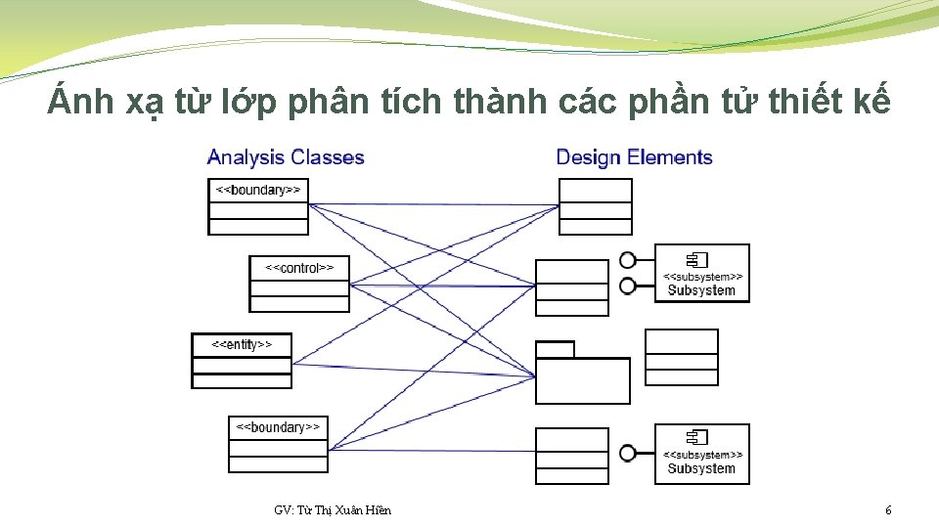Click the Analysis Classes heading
(286, 157)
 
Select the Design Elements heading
(634, 157)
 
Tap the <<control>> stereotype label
(299, 267)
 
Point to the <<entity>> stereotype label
(241, 344)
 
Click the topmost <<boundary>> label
(258, 190)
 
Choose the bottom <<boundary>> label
(279, 427)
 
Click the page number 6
(887, 510)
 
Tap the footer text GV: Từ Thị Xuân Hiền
(333, 510)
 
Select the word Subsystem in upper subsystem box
(701, 290)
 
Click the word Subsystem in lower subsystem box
(701, 468)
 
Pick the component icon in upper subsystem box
(696, 259)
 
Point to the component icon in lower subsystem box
(696, 437)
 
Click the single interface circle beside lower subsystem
(628, 454)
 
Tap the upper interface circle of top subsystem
(628, 260)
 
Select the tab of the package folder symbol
(555, 349)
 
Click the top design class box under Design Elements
(595, 207)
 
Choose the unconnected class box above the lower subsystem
(681, 357)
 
